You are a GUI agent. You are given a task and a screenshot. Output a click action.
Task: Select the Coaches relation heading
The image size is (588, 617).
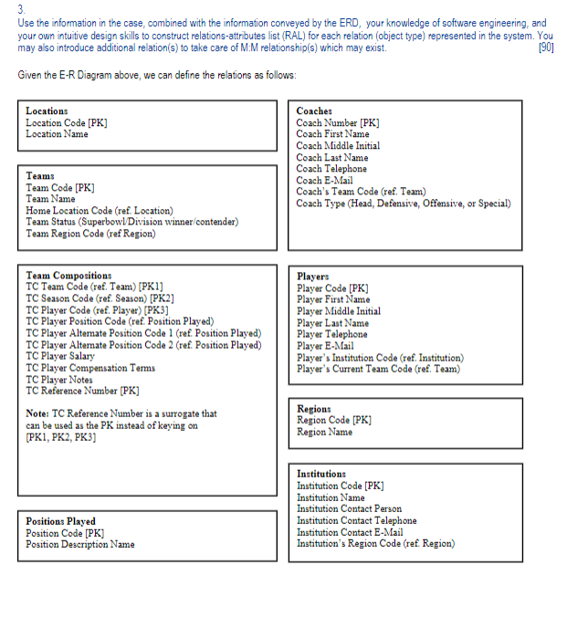314,110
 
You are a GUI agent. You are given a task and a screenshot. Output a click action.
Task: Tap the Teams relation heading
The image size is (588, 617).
40,175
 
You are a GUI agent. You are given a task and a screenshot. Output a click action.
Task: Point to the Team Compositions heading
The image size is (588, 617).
68,275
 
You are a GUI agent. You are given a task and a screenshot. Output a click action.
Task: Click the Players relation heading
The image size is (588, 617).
314,276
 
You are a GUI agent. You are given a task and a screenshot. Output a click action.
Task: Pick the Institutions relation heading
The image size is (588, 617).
321,474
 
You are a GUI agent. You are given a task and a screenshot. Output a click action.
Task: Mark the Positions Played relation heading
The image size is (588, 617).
60,521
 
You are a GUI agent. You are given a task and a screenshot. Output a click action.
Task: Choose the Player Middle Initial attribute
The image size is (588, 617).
338,311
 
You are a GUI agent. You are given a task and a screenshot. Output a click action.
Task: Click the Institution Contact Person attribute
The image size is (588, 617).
349,509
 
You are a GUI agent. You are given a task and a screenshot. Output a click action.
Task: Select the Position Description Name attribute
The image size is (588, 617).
79,545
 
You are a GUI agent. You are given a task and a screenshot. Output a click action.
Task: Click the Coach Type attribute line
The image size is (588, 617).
403,204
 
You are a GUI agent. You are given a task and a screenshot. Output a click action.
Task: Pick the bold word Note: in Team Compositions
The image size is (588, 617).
39,413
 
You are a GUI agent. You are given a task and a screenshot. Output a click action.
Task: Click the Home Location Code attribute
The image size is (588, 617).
99,210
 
